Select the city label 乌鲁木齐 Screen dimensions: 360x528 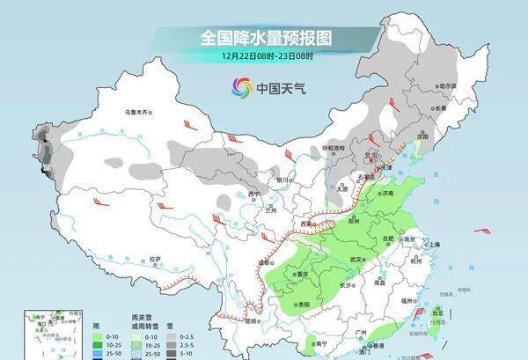pyautogui.click(x=139, y=113)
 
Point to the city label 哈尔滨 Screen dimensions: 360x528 pyautogui.click(x=449, y=86)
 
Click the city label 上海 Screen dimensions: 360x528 pyautogui.click(x=432, y=244)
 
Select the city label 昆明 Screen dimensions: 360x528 pyautogui.click(x=253, y=321)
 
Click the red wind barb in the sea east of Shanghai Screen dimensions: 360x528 pyautogui.click(x=481, y=231)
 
